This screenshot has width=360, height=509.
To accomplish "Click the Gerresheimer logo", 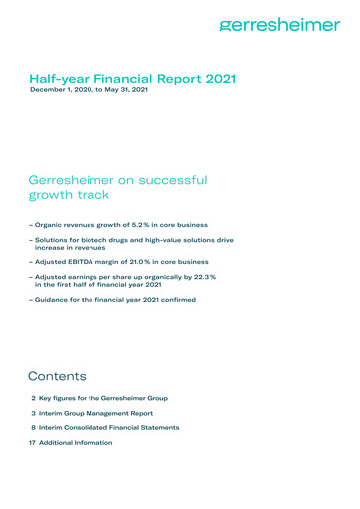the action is [x=278, y=25].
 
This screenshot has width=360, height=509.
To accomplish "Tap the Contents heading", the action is [x=58, y=377].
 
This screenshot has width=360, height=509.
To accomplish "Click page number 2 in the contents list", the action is [x=34, y=398].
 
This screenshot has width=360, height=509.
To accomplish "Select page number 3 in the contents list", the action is [x=34, y=413].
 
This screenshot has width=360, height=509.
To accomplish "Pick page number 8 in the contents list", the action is [x=34, y=427].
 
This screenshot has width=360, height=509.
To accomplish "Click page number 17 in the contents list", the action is [x=32, y=442].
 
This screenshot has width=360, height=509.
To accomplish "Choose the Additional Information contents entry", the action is [x=76, y=442].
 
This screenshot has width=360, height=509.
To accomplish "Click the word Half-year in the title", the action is [x=58, y=76].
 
